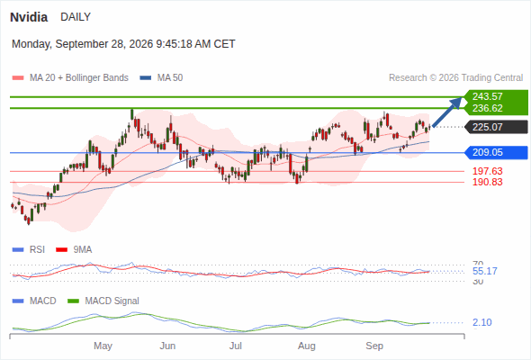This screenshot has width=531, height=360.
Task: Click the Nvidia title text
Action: coord(29,17)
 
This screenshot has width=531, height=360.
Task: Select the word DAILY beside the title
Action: coord(76,17)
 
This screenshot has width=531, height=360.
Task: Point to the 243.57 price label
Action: coord(487,96)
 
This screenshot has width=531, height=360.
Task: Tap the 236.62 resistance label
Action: coord(487,108)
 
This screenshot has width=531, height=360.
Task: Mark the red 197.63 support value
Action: coord(487,171)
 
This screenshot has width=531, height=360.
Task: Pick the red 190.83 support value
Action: coord(487,182)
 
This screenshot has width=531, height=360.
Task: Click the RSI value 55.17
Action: coord(484,271)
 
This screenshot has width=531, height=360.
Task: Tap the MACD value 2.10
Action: coord(481,322)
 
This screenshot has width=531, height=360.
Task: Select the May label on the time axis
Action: coord(103,346)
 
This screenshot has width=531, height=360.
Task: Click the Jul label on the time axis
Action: coord(236,346)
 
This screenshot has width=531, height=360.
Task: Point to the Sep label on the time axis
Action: coord(374,346)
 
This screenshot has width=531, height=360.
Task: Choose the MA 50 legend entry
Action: coord(161,78)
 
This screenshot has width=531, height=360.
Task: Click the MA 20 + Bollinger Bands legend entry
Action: coord(70,78)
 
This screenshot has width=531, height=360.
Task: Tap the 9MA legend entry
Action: coord(74,249)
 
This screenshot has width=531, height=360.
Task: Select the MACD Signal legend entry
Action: coord(103,301)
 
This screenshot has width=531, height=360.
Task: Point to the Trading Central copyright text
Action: coord(455,78)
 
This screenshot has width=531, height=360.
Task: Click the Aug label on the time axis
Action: coord(307,346)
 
